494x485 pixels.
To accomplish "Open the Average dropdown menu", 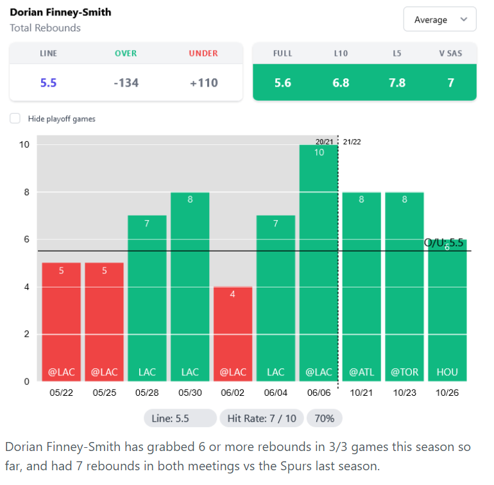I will (439, 19).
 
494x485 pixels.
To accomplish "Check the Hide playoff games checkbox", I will (15, 119).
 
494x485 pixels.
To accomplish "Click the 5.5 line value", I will (49, 82).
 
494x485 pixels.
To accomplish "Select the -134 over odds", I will (126, 82).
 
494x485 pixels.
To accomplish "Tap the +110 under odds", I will (203, 82).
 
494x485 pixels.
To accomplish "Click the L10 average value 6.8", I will (341, 82).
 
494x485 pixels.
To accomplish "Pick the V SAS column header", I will (450, 53).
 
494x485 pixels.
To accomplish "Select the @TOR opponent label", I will (404, 372).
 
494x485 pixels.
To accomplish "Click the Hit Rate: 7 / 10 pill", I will (261, 418).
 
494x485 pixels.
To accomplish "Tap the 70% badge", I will (325, 418).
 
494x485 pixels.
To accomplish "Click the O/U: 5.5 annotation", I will (443, 242).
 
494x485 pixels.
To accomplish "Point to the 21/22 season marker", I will (352, 142).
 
